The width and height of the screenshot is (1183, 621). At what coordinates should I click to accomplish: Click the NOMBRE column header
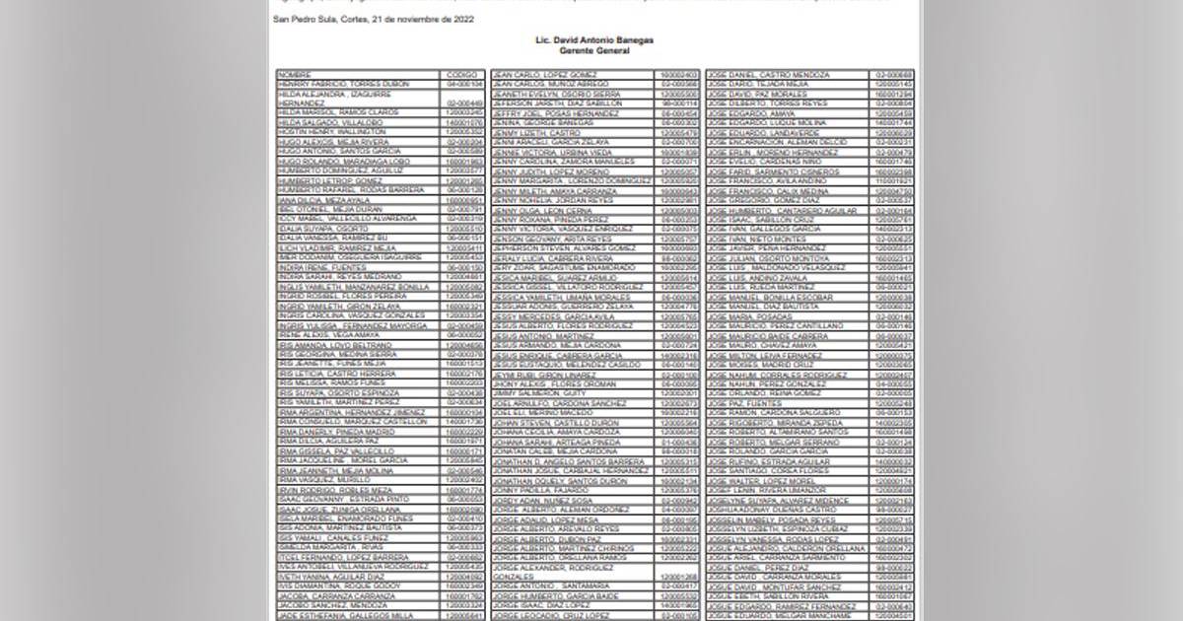tap(295, 75)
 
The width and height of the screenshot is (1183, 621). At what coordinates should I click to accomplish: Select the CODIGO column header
tap(461, 75)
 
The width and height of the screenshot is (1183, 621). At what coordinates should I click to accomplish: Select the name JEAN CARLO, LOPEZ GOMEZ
tap(544, 75)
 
